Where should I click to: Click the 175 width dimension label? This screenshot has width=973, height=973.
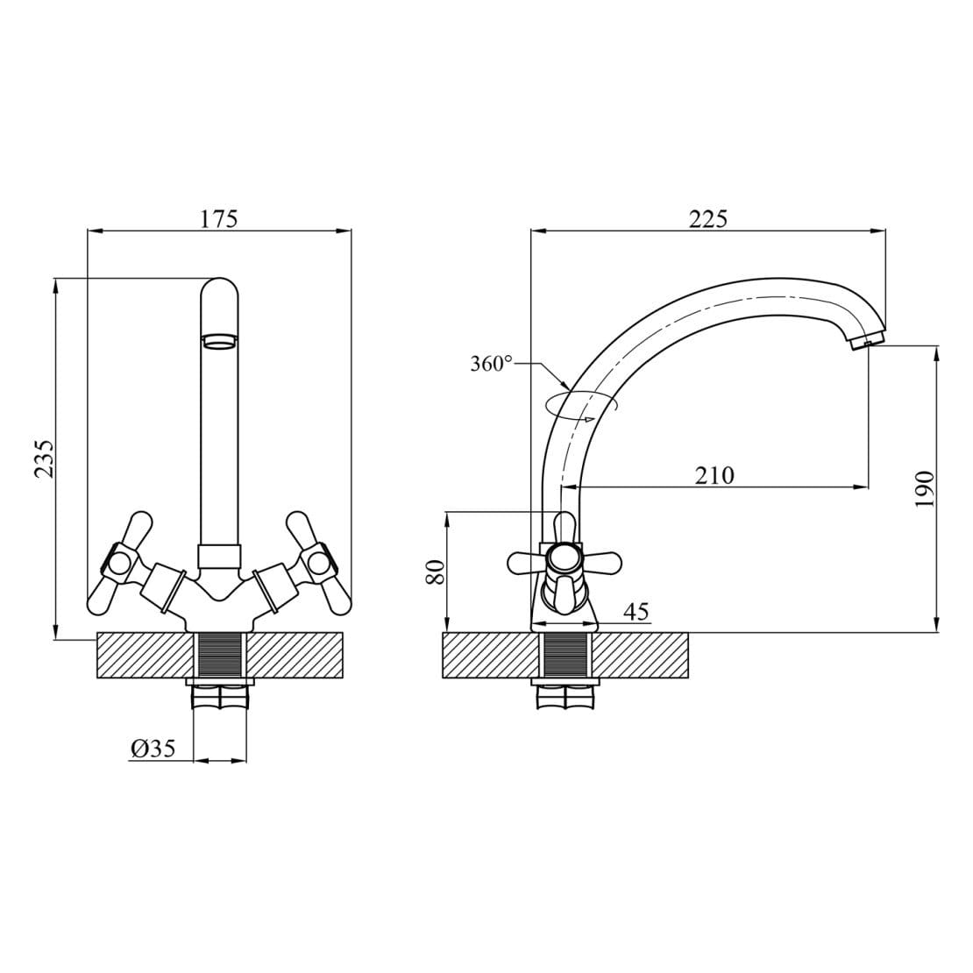(218, 219)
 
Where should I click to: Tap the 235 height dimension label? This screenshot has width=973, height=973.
(44, 458)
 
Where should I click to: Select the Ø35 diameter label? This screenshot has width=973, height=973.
(153, 749)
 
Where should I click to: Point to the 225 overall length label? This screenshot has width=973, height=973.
(708, 219)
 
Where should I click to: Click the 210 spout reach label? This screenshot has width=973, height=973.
(714, 475)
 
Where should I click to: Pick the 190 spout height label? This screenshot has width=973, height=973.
(925, 490)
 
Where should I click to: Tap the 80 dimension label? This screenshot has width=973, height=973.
(436, 572)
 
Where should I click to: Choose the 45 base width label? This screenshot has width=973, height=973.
(636, 612)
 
